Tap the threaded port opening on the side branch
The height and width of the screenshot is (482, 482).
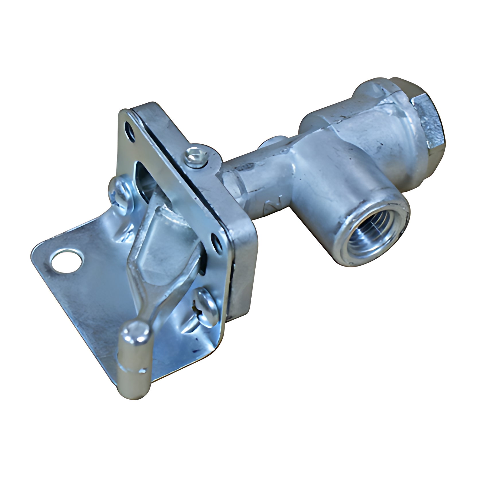coord(367,235)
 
